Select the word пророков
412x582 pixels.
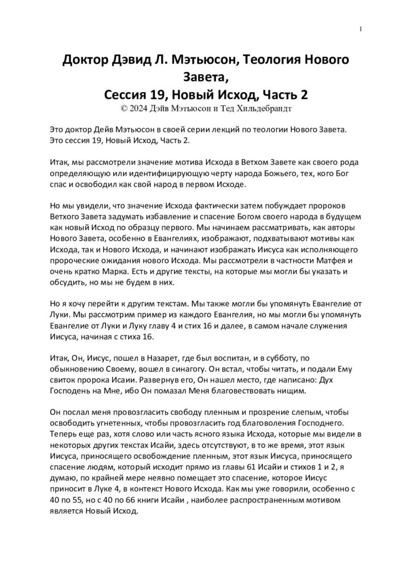click(x=333, y=205)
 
